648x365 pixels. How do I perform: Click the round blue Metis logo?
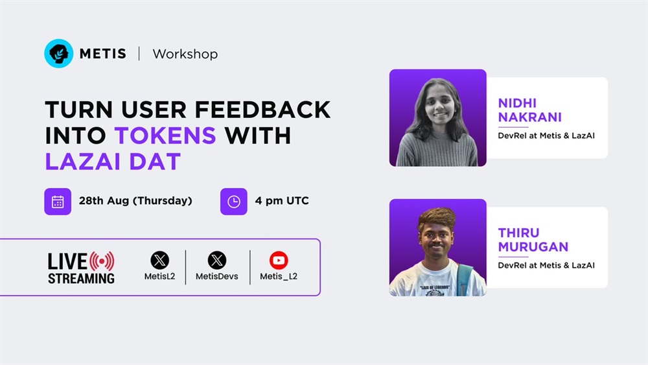tap(59, 53)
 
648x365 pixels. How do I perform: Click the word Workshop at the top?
tap(185, 54)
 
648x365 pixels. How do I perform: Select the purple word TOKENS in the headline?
tap(165, 135)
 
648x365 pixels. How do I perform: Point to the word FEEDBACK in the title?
tap(262, 110)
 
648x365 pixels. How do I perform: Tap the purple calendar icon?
tap(58, 202)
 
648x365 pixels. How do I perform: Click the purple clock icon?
tap(234, 202)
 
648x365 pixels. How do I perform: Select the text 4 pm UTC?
tap(282, 201)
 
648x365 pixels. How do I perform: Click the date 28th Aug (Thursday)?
tap(135, 201)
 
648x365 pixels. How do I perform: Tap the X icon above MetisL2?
tap(159, 261)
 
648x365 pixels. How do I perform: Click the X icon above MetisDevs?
tap(217, 261)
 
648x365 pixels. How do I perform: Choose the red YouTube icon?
tap(279, 261)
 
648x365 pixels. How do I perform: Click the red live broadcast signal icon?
tap(102, 261)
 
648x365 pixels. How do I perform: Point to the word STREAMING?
tap(81, 279)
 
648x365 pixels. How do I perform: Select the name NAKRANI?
tap(530, 117)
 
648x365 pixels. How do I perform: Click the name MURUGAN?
tap(533, 247)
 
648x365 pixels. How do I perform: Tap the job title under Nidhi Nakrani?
tap(546, 135)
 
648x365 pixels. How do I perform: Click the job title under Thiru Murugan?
tap(546, 265)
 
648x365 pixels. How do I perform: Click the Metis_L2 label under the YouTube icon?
tap(279, 277)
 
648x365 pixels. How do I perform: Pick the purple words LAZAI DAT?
tap(113, 161)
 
